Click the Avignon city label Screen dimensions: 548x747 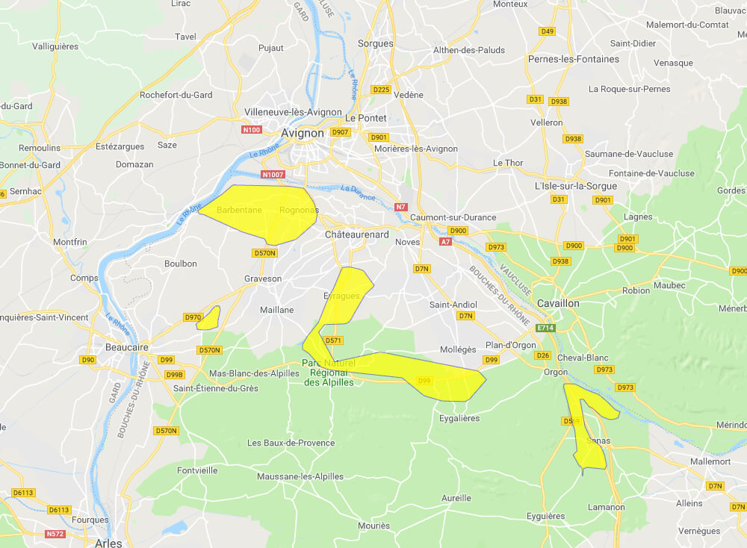303,133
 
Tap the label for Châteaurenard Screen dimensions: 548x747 356,234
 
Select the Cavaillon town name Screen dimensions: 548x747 558,304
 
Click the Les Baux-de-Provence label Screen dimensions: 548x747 291,443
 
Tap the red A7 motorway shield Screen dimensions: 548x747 446,242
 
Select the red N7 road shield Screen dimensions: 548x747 401,207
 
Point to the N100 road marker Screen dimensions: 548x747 252,130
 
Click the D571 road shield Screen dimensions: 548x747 333,340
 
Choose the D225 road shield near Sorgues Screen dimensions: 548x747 381,90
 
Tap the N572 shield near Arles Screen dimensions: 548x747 55,534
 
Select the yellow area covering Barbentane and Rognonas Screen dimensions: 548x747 261,213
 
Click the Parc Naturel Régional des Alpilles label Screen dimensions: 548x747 329,373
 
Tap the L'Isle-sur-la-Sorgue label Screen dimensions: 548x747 576,186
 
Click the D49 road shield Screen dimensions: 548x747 547,31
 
